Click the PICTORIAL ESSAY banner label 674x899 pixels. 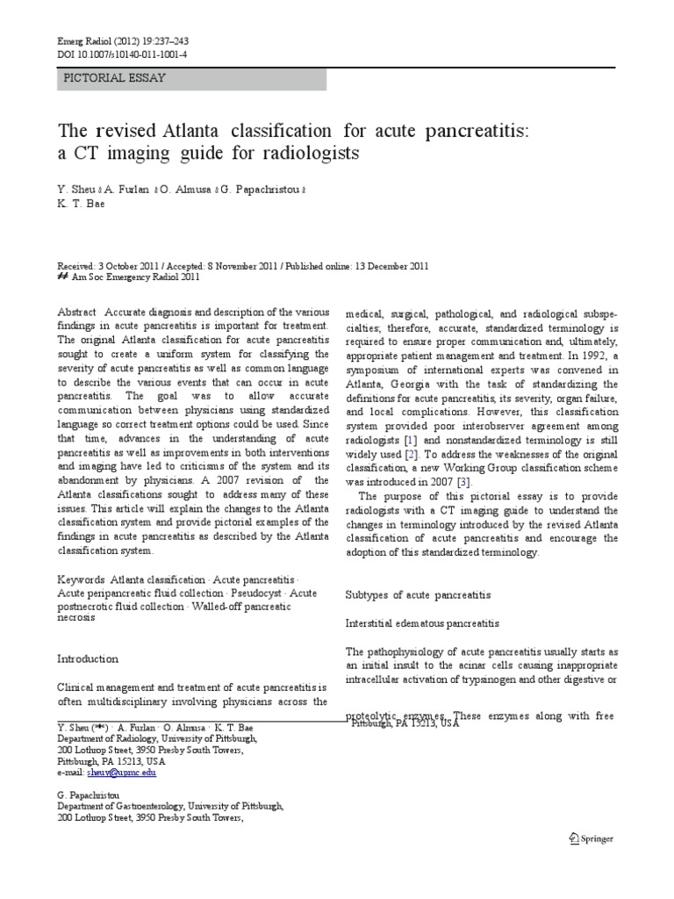115,78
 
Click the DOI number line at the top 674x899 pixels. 122,54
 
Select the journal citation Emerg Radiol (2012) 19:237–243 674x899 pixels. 123,41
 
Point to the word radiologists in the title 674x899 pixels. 311,153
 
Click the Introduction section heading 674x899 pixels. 88,658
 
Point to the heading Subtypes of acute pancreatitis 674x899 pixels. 418,594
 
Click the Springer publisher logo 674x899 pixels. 590,838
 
